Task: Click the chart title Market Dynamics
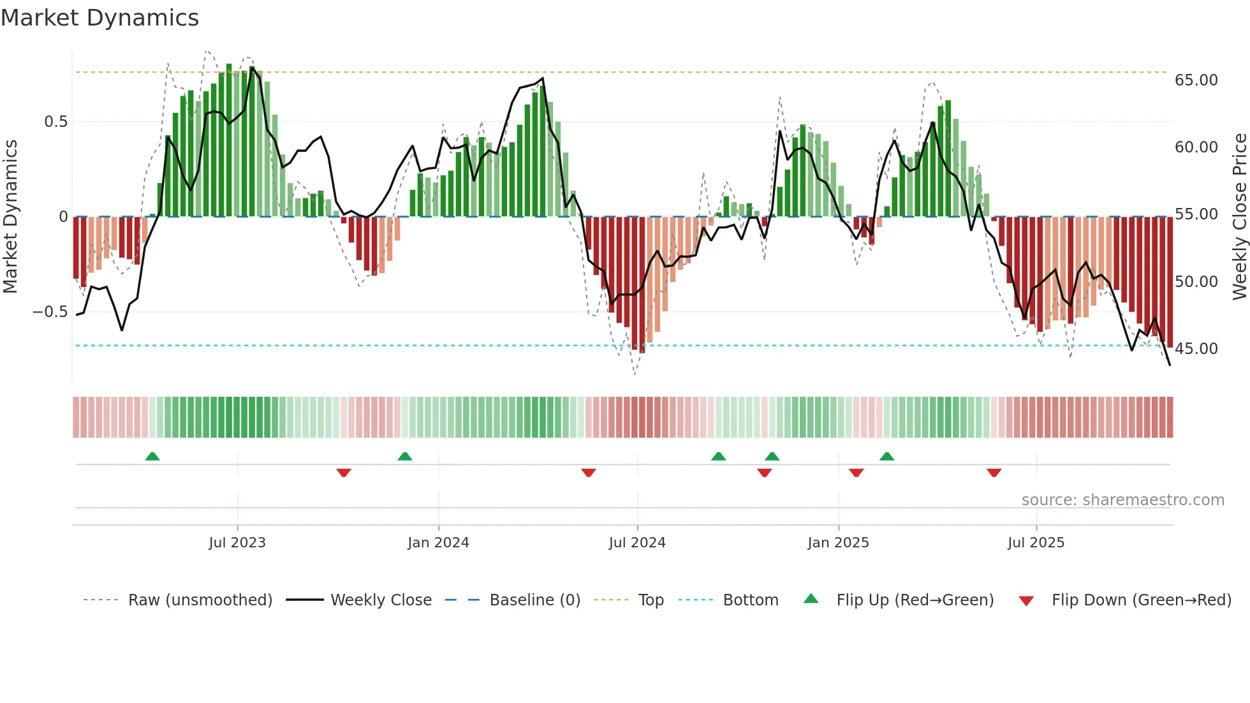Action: [x=100, y=18]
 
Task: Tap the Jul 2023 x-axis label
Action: [x=237, y=543]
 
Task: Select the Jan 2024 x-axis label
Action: [x=438, y=543]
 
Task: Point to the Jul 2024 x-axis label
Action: [x=637, y=543]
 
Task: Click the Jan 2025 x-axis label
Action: [x=838, y=543]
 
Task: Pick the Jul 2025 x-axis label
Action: [x=1036, y=543]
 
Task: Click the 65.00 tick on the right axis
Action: [x=1196, y=80]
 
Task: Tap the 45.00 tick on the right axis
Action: [x=1196, y=349]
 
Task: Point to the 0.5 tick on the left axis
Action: [x=55, y=122]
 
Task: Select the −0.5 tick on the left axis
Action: [x=50, y=312]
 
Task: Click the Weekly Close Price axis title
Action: [x=1239, y=217]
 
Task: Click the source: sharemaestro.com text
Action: [x=1122, y=500]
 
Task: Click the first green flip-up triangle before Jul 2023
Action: [x=152, y=456]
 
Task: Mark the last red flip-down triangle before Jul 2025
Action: [x=994, y=473]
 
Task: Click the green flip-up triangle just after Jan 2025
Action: [x=886, y=456]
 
